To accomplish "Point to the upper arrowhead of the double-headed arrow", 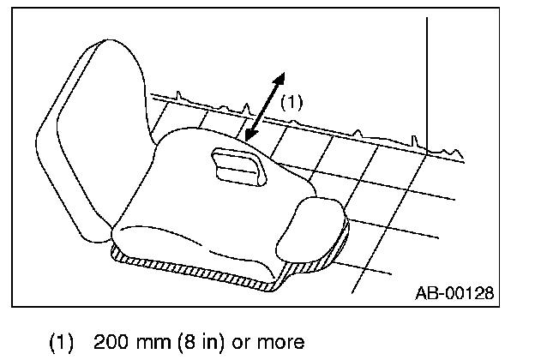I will [x=278, y=77].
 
